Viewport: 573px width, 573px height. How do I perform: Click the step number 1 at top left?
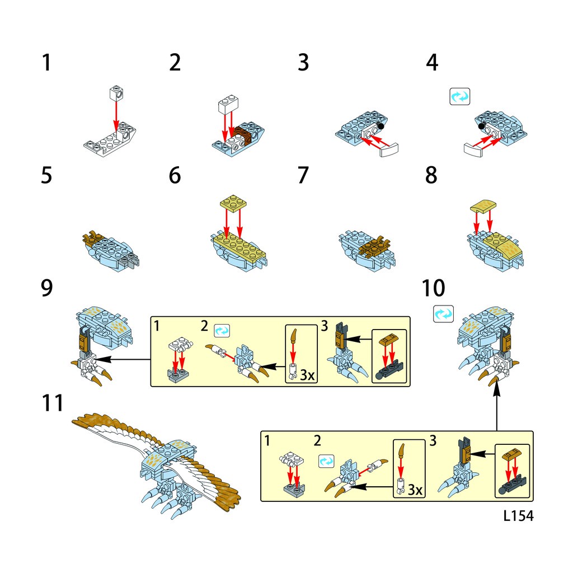(46, 63)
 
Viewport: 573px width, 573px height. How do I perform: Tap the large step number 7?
(303, 175)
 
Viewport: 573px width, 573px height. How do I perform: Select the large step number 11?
(53, 403)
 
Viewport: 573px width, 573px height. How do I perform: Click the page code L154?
(518, 515)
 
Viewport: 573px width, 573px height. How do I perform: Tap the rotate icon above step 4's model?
(460, 97)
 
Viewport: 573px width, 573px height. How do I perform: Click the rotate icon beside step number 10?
(443, 314)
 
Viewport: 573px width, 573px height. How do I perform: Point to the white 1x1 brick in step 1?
(116, 93)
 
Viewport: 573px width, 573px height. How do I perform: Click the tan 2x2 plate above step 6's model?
(233, 202)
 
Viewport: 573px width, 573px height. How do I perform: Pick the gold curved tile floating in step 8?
(483, 206)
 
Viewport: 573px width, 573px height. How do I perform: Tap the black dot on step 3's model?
(381, 126)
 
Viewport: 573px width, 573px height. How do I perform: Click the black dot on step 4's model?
(482, 126)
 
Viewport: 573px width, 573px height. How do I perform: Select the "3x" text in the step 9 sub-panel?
(307, 375)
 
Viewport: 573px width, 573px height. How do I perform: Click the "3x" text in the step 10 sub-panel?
(415, 490)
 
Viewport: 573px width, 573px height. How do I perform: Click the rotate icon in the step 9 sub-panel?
(222, 330)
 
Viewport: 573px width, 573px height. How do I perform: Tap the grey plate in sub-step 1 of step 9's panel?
(177, 375)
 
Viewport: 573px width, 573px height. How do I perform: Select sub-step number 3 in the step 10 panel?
(433, 441)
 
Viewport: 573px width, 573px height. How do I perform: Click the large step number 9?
(47, 288)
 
